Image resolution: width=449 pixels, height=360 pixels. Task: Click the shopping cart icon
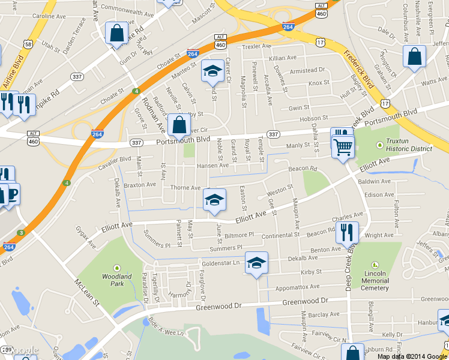(x=343, y=146)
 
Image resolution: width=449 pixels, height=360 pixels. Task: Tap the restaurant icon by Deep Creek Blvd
(x=347, y=232)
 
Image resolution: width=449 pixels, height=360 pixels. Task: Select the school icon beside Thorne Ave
(x=214, y=200)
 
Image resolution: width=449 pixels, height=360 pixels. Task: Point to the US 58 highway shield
(x=29, y=44)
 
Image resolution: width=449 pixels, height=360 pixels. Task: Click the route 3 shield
(x=21, y=233)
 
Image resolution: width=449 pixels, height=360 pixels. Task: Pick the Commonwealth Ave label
(x=128, y=11)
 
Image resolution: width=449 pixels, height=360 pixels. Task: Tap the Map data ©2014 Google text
(x=412, y=356)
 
